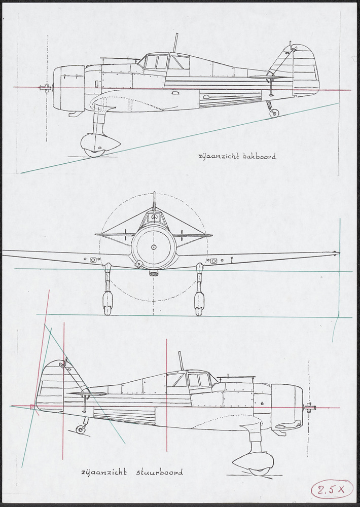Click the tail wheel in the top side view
pyautogui.click(x=274, y=113)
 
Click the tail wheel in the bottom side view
pyautogui.click(x=81, y=429)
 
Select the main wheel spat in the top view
pyautogui.click(x=100, y=145)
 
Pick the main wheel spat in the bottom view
pyautogui.click(x=254, y=462)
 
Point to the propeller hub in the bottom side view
pyautogui.click(x=308, y=407)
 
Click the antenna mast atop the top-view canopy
pyautogui.click(x=176, y=43)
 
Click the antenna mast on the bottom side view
pyautogui.click(x=181, y=360)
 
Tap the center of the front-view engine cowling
pyautogui.click(x=154, y=247)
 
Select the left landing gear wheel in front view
pyautogui.click(x=107, y=303)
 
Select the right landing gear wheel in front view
pyautogui.click(x=199, y=303)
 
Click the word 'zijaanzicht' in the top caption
pyautogui.click(x=215, y=157)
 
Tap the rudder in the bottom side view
pyautogui.click(x=50, y=385)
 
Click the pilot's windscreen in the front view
pyautogui.click(x=154, y=219)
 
